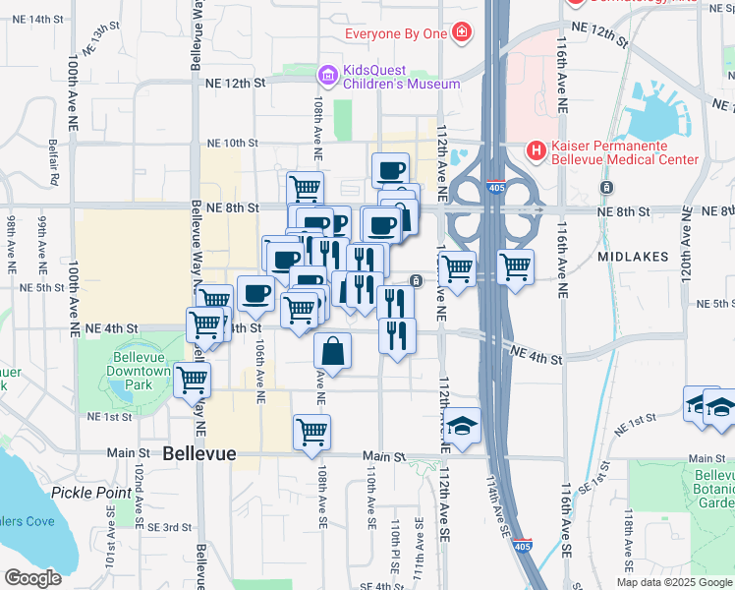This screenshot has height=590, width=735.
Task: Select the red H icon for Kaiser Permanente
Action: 536,150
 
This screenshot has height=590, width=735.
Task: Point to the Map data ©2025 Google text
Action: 673,582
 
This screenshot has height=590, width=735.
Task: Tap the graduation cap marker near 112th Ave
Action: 461,426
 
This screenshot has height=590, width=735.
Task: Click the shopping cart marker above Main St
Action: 311,432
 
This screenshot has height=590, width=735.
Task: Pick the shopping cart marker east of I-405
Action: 515,266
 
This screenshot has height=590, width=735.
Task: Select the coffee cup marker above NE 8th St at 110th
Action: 390,170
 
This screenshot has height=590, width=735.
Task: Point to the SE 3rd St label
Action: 170,527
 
